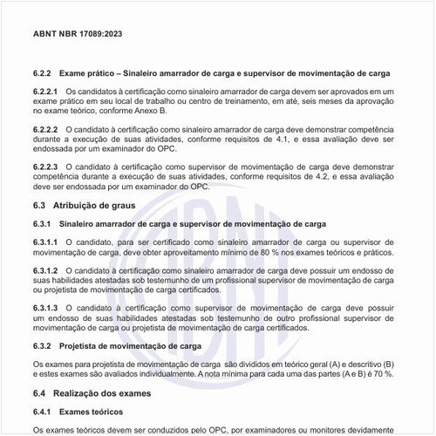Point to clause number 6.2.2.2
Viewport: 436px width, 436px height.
45,128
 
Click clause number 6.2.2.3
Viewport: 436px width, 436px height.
45,166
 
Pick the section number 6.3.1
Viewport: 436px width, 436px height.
42,224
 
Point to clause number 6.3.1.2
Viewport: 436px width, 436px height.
45,271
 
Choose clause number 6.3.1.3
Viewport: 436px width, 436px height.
45,309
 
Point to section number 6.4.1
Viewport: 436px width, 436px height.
42,412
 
